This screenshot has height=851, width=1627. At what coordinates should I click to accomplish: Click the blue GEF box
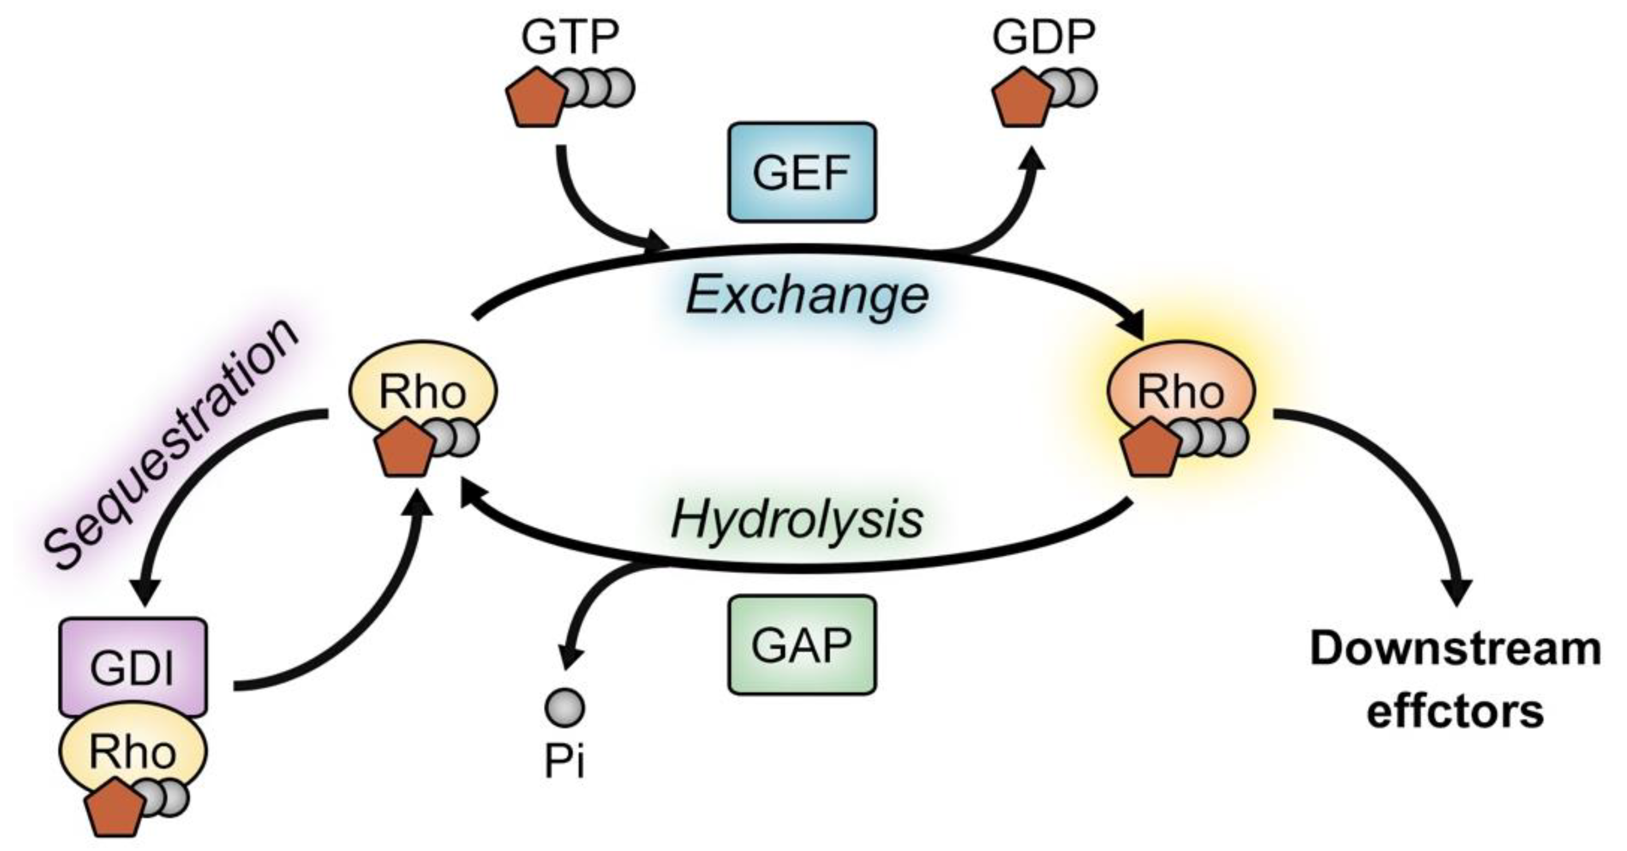tap(802, 172)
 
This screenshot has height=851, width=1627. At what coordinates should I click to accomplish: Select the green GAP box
tap(802, 645)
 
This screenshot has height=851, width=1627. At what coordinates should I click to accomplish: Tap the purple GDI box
tap(133, 667)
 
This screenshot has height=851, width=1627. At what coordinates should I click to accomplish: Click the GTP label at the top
tap(570, 38)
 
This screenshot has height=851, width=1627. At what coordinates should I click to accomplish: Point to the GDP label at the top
tap(1043, 38)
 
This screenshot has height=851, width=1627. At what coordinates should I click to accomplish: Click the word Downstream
tap(1455, 650)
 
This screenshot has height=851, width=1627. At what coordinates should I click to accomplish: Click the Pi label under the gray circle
tap(564, 762)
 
